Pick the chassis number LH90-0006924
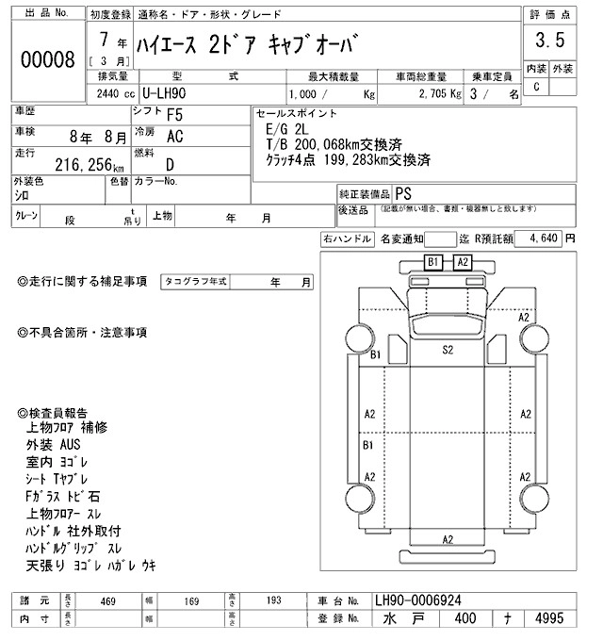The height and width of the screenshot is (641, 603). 418,600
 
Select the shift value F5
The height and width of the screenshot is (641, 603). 174,116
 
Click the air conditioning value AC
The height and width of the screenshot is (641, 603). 174,136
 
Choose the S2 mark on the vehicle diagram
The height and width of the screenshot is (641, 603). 448,349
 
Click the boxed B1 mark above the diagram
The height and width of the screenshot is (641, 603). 433,261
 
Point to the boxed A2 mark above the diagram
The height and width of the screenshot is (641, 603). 463,261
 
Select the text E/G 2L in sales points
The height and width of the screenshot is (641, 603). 287,128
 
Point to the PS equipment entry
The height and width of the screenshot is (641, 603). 403,192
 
